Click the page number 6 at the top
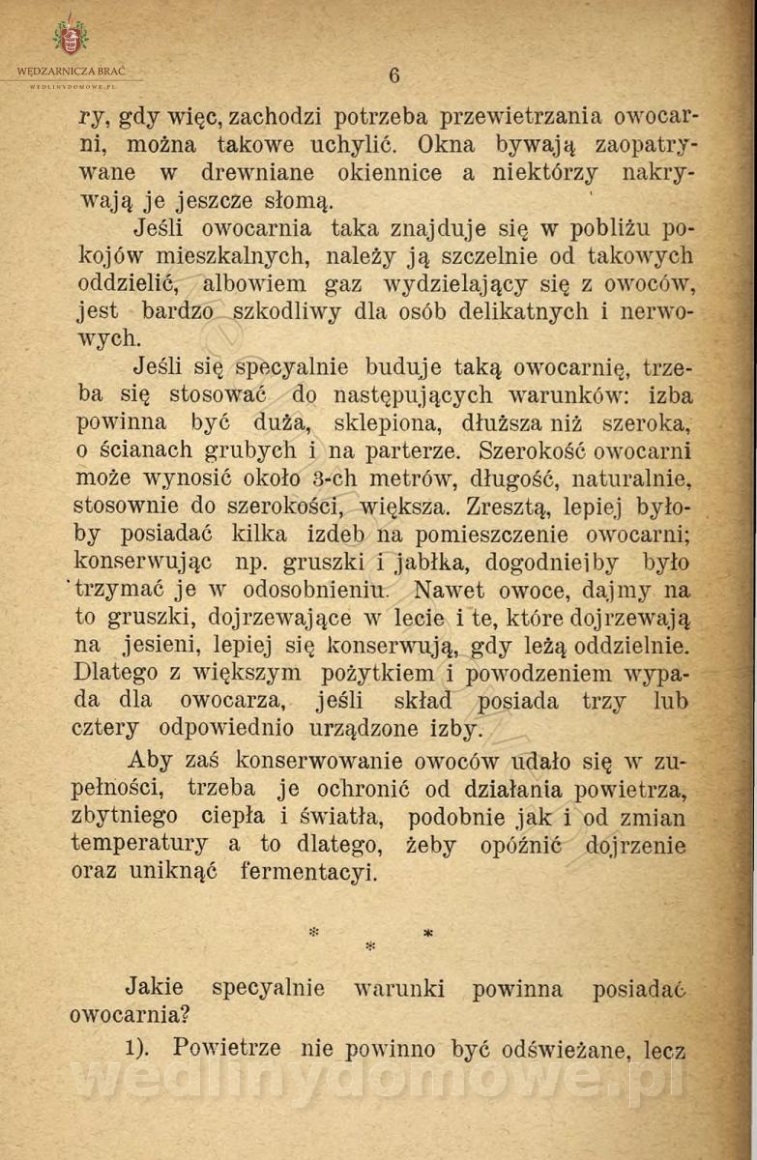[394, 74]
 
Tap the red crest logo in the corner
[70, 38]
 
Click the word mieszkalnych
[232, 256]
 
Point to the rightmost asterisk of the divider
[427, 933]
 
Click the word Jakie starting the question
[155, 989]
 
